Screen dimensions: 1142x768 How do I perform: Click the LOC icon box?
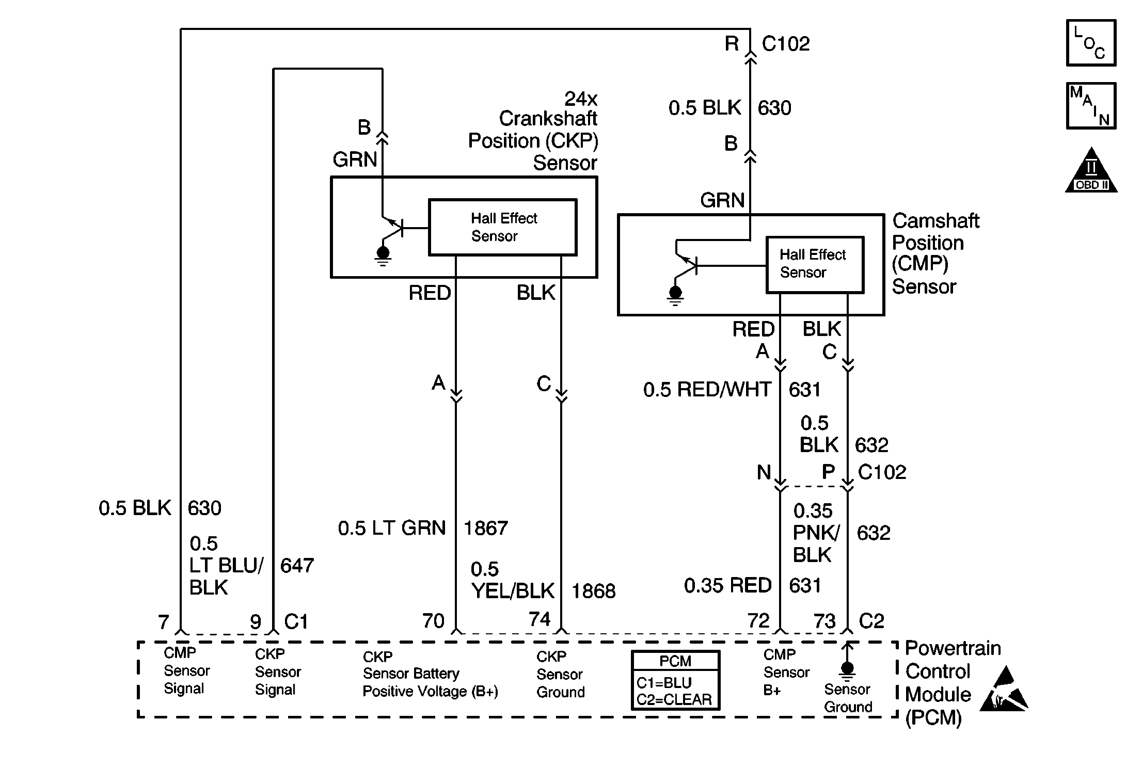pyautogui.click(x=1091, y=43)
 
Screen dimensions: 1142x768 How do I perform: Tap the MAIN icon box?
pyautogui.click(x=1091, y=106)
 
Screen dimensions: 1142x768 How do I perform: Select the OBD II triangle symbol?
pyautogui.click(x=1091, y=171)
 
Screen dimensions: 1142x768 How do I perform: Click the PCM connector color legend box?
pyautogui.click(x=675, y=680)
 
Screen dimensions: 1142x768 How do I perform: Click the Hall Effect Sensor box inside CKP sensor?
pyautogui.click(x=502, y=227)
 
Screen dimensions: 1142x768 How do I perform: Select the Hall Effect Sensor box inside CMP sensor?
pyautogui.click(x=815, y=265)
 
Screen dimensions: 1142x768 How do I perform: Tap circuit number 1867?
pyautogui.click(x=486, y=528)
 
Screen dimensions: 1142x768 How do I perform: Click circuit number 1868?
pyautogui.click(x=593, y=591)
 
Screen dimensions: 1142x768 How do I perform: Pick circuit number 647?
pyautogui.click(x=297, y=566)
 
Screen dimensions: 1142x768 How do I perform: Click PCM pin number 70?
pyautogui.click(x=433, y=621)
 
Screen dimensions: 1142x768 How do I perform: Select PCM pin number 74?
pyautogui.click(x=540, y=619)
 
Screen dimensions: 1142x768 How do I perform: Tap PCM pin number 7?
pyautogui.click(x=164, y=622)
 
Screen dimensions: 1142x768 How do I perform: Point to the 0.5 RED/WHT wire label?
pyautogui.click(x=707, y=390)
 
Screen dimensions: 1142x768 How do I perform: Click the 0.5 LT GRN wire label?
pyautogui.click(x=392, y=528)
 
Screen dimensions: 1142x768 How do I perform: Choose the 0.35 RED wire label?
pyautogui.click(x=728, y=585)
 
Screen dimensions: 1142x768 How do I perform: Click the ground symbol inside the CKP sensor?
pyautogui.click(x=383, y=256)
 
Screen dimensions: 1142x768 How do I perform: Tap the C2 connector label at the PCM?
pyautogui.click(x=871, y=620)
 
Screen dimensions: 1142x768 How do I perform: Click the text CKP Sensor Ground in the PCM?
pyautogui.click(x=561, y=674)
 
